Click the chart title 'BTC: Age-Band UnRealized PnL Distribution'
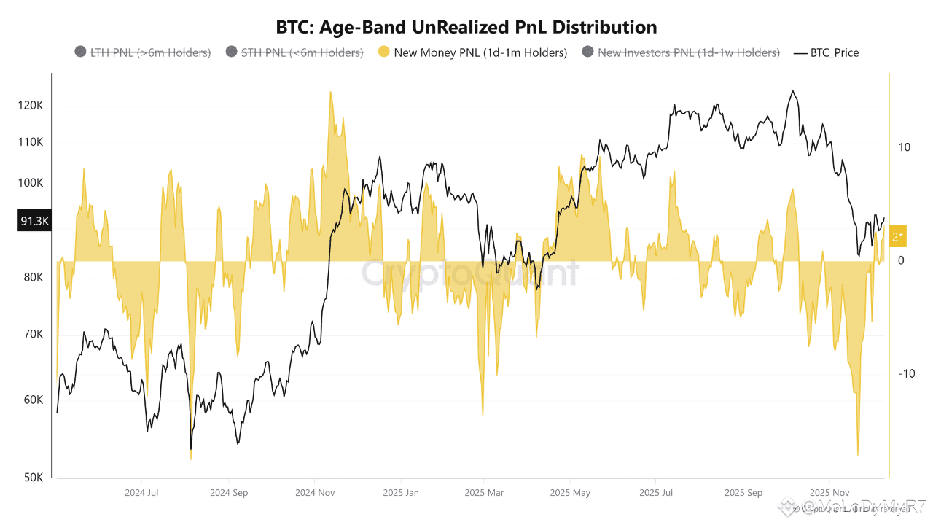(x=466, y=28)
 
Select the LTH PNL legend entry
(x=143, y=52)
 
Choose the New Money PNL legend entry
(x=472, y=52)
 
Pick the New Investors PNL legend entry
(x=682, y=52)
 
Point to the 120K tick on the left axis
(x=31, y=106)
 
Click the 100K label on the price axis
(x=31, y=183)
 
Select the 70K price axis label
(x=33, y=335)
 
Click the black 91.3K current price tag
(x=34, y=221)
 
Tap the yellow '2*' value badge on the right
(x=897, y=236)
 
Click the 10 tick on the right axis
(x=905, y=147)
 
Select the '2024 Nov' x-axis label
(x=314, y=493)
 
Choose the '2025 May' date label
(x=571, y=493)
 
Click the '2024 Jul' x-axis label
(x=142, y=493)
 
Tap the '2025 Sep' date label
(x=743, y=493)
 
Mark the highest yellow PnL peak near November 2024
(x=331, y=93)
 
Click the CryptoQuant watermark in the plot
(x=470, y=273)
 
